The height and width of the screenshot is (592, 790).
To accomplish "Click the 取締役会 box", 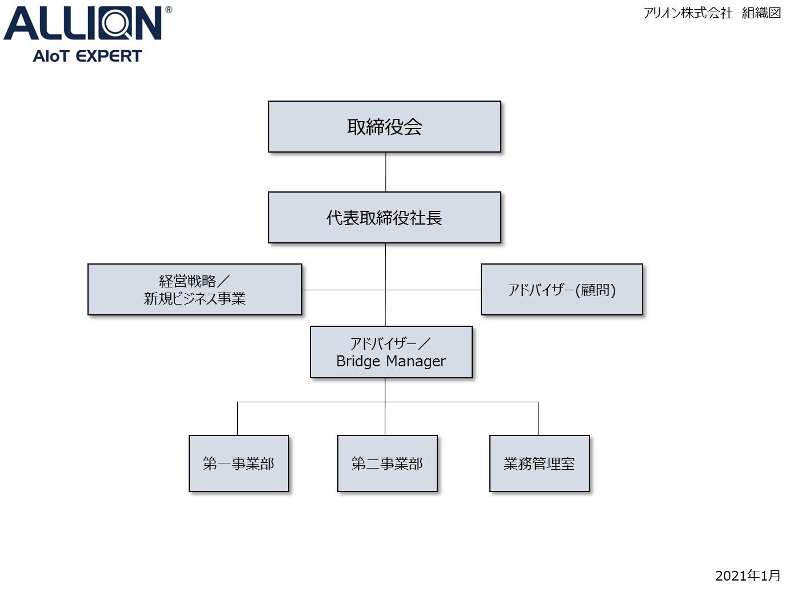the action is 384,127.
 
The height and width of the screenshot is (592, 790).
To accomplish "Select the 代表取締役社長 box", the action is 384,218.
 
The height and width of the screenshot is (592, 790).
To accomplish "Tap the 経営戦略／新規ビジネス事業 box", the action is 195,290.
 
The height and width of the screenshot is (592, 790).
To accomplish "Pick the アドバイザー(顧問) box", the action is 561,290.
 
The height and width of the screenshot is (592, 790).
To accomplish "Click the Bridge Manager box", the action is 391,352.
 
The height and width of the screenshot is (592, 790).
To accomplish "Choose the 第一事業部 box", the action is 238,463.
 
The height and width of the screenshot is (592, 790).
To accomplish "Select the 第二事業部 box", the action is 387,463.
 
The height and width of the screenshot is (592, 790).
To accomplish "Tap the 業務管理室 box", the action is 539,463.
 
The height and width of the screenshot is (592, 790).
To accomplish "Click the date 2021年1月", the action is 748,575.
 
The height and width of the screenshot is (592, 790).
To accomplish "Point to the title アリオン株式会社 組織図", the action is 712,13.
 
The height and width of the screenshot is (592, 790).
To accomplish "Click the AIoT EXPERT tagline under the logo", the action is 87,56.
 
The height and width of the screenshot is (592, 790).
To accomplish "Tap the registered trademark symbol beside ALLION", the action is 169,10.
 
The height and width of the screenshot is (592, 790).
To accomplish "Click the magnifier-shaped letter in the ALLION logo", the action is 115,23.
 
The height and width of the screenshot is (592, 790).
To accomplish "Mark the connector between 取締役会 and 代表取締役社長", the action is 385,172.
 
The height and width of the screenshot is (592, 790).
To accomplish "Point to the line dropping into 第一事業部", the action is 238,419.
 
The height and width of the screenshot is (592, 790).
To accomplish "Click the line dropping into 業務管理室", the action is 539,419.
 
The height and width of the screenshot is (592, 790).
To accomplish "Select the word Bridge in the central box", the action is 358,362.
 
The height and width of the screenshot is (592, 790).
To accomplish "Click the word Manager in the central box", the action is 416,362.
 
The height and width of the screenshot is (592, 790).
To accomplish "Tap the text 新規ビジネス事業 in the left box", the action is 195,298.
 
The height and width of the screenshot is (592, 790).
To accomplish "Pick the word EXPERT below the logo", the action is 109,56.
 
